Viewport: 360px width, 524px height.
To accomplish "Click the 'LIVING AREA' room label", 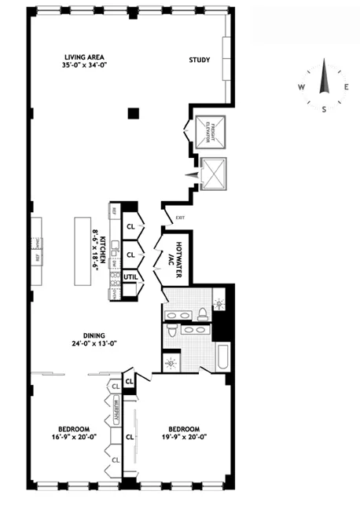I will [85, 57].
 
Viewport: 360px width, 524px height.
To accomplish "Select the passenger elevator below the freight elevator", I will [212, 174].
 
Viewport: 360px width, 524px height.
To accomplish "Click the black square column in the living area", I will [134, 113].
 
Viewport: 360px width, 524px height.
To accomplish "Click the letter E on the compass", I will [347, 88].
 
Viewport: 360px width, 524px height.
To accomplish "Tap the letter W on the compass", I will [300, 88].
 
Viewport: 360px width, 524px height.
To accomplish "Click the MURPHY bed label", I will [116, 412].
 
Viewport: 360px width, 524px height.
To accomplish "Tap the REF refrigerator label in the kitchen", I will [113, 210].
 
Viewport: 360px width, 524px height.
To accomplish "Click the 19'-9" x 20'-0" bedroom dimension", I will [182, 438].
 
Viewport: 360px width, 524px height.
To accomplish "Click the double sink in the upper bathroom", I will [179, 313].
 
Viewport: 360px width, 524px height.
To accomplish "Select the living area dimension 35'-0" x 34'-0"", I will [85, 66].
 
